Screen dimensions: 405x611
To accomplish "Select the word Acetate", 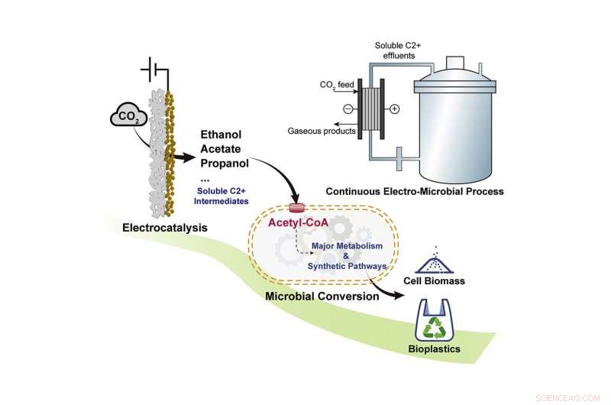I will click(220, 150).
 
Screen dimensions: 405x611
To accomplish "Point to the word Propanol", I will click(224, 164).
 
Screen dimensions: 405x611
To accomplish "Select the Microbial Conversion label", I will click(322, 296).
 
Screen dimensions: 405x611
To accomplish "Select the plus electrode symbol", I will click(395, 109).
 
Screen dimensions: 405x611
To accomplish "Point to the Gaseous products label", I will click(323, 131).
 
